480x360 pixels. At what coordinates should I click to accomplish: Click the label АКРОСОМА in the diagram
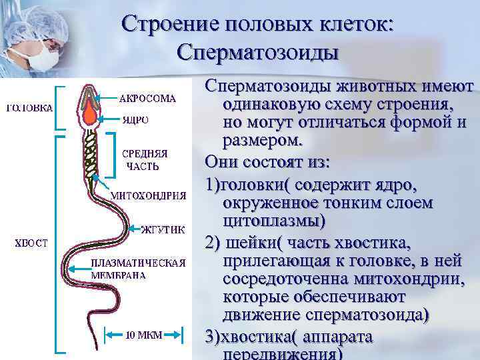point(147,99)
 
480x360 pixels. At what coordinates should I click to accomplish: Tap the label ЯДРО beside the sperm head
point(135,121)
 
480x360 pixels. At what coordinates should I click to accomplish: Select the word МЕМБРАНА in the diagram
point(119,274)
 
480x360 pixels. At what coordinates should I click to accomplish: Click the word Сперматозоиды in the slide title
point(259,53)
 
